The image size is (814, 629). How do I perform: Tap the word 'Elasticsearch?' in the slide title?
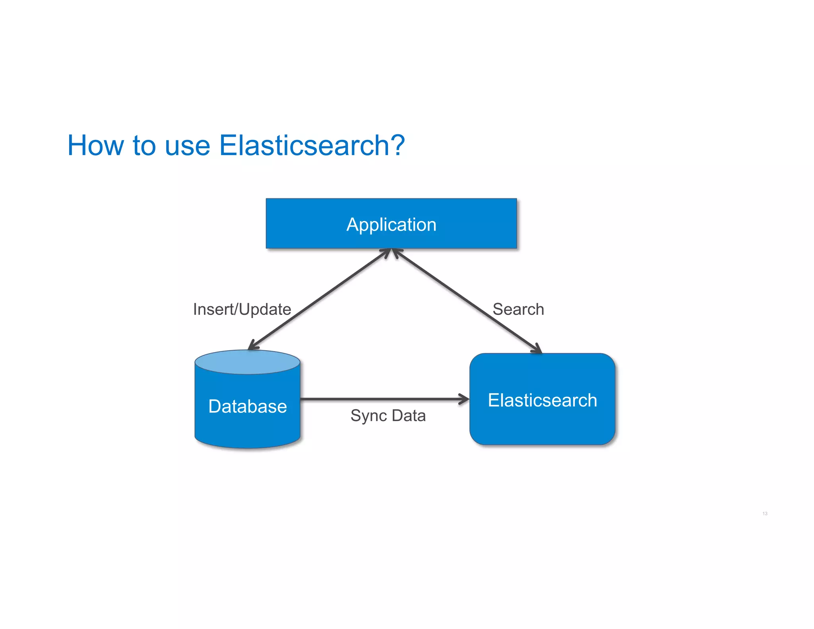312,146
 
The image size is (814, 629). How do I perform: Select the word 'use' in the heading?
187,146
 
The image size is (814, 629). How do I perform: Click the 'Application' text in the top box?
391,225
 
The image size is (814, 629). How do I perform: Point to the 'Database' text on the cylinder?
247,406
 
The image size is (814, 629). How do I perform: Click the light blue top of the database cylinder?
247,362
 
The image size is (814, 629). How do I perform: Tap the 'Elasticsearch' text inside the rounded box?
542,400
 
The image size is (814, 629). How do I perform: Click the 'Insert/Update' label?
242,309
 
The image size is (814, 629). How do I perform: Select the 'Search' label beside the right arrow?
518,309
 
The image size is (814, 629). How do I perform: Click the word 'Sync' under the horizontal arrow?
368,416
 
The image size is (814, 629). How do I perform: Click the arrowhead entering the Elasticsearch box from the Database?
464,399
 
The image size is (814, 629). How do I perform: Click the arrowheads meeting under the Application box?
391,252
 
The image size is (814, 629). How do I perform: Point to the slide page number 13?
765,514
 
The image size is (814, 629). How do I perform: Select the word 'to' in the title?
144,146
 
